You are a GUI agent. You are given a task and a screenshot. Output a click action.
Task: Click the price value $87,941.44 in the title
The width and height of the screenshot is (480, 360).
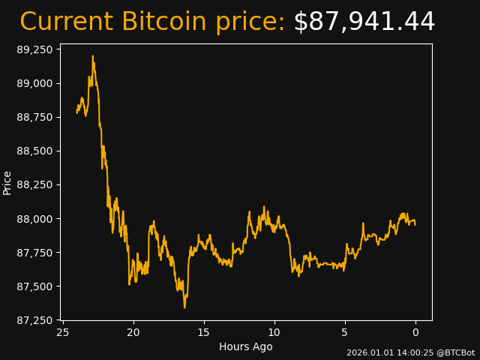(364, 22)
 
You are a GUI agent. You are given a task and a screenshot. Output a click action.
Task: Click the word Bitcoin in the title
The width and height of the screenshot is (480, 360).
(163, 22)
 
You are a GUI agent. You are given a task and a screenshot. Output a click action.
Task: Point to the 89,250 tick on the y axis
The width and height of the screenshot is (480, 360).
(35, 49)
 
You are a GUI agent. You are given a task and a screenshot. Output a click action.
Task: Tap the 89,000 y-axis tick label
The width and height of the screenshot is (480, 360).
(35, 83)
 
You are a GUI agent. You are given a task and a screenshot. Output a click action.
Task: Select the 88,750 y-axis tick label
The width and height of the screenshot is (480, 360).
(35, 117)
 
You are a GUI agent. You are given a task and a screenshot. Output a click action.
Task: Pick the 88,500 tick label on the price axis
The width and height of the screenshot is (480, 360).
(35, 151)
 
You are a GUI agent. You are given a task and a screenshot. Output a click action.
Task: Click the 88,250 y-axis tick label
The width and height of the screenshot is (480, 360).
(35, 184)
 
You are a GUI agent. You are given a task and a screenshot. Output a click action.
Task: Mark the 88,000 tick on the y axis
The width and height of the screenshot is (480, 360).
(35, 219)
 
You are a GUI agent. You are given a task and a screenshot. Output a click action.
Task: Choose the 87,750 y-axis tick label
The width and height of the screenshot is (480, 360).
(35, 253)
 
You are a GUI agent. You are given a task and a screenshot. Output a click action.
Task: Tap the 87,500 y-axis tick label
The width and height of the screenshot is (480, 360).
(35, 286)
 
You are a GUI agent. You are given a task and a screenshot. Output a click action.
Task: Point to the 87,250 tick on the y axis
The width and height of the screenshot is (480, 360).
(35, 320)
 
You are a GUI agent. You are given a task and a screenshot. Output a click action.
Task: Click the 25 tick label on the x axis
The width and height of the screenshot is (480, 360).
(63, 332)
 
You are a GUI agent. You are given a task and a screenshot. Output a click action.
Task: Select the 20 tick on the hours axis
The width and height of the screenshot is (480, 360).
(133, 332)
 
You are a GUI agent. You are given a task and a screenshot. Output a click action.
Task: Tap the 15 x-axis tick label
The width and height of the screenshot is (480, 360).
(204, 332)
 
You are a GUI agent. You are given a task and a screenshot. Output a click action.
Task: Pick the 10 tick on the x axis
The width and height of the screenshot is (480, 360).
(274, 332)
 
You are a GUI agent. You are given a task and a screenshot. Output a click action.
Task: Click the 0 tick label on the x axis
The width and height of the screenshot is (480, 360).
(415, 332)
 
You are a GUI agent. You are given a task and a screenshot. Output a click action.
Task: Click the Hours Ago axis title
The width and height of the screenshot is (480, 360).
(246, 346)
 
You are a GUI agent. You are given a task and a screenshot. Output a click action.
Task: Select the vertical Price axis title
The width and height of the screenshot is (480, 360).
(7, 182)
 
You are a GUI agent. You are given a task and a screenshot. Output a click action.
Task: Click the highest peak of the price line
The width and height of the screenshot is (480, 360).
(93, 55)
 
